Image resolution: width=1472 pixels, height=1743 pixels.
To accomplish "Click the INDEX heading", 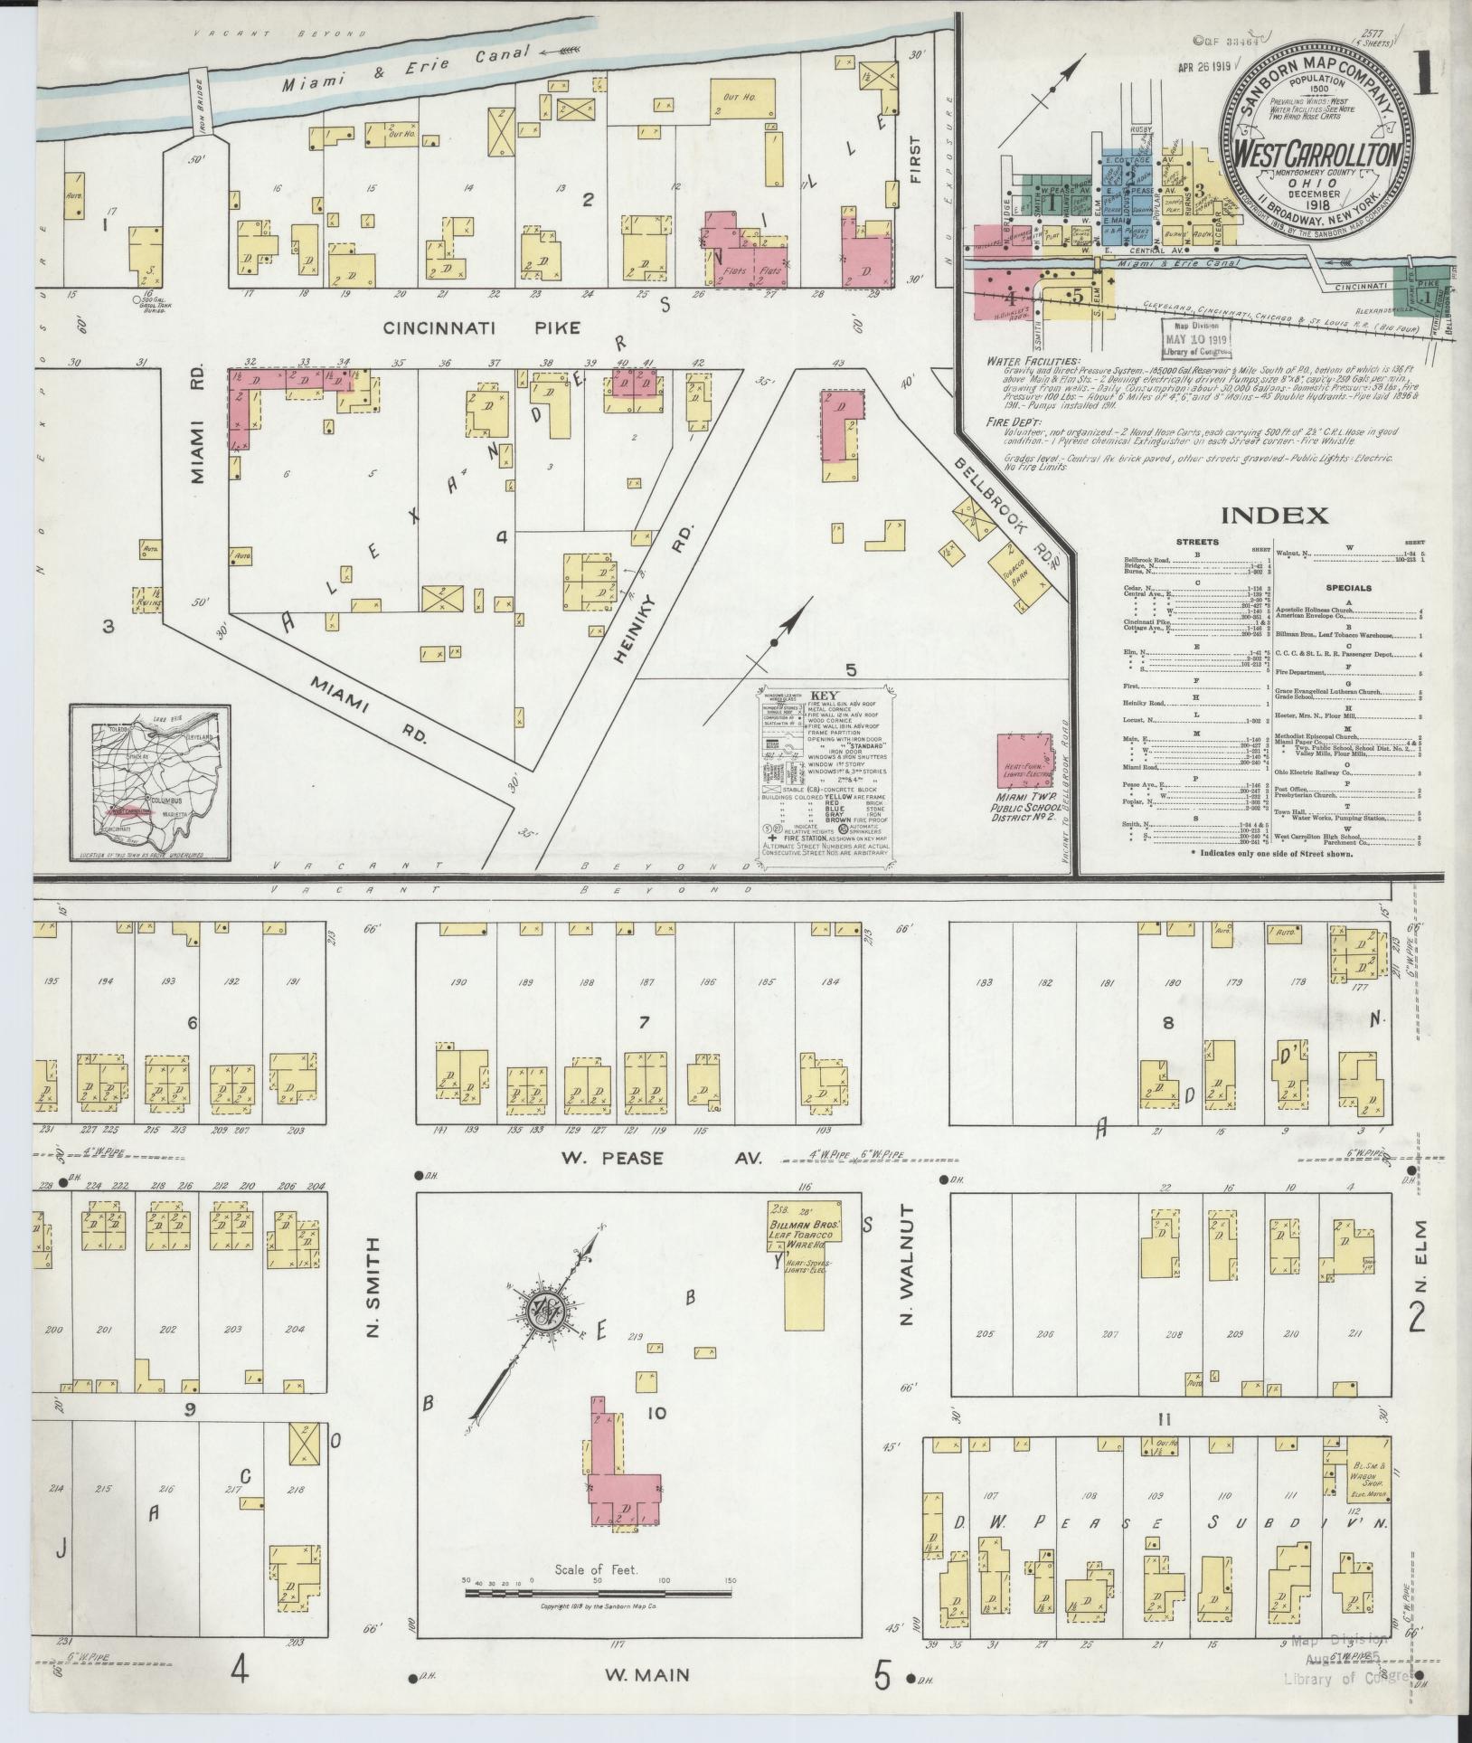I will click(1275, 516).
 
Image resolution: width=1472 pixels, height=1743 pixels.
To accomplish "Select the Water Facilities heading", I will click(1028, 361).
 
